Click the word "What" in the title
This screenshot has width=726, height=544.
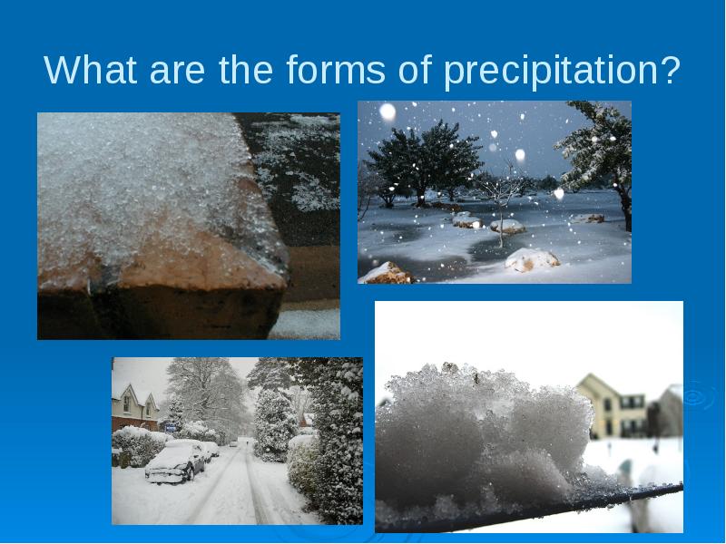coord(91,70)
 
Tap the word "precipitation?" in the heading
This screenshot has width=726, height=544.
coord(562,71)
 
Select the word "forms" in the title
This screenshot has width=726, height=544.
coord(336,69)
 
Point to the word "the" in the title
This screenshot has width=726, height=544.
coord(245,69)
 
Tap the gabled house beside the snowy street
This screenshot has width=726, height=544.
coord(133,407)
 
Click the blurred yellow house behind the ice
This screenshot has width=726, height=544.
coord(610,406)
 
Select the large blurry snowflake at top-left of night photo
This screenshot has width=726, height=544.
coord(388,112)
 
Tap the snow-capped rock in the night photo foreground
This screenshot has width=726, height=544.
coord(532,259)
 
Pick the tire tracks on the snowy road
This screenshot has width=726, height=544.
coord(231,486)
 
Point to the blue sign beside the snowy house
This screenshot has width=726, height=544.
coord(170,428)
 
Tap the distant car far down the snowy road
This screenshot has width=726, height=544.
coord(232,443)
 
